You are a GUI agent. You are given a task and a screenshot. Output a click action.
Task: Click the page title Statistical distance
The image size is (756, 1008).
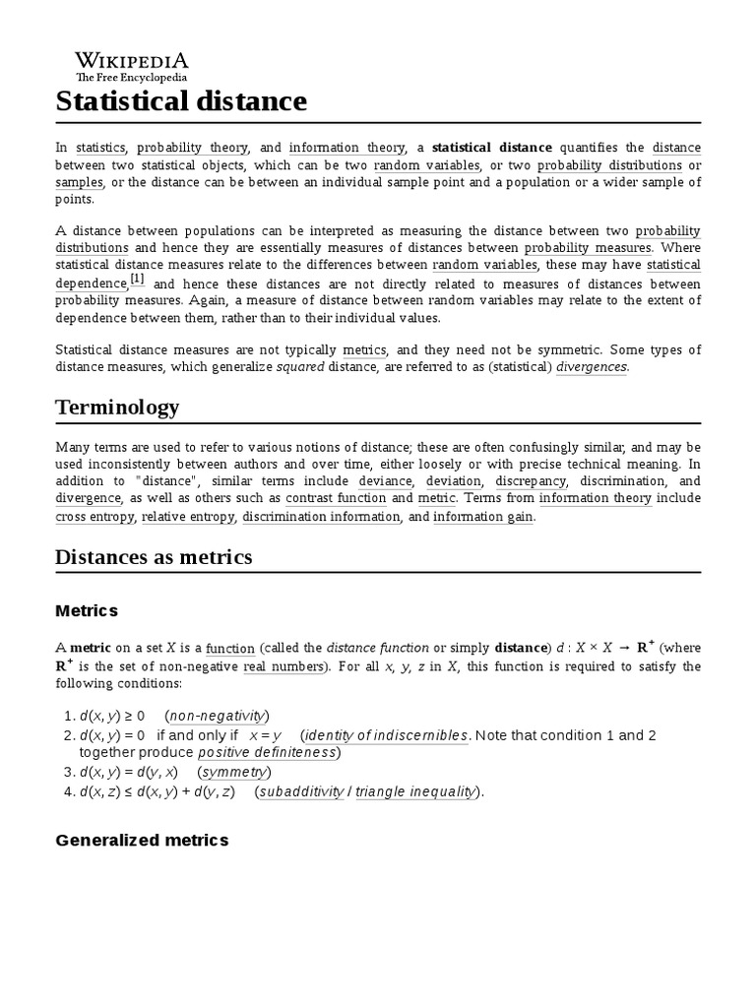181,101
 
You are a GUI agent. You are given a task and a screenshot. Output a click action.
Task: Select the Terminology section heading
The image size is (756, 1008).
117,408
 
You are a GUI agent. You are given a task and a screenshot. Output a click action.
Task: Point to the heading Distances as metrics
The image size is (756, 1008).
154,557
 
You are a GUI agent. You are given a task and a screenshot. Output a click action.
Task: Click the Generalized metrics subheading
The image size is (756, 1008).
142,840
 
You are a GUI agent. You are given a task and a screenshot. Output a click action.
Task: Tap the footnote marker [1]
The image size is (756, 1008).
138,280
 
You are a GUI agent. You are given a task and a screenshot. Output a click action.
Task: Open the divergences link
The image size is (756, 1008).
592,367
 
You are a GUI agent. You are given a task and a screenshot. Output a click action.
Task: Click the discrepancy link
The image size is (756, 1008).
532,481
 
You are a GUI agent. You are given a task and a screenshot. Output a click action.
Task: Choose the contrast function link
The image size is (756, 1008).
336,499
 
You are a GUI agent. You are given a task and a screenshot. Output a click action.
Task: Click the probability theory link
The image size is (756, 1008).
193,148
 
